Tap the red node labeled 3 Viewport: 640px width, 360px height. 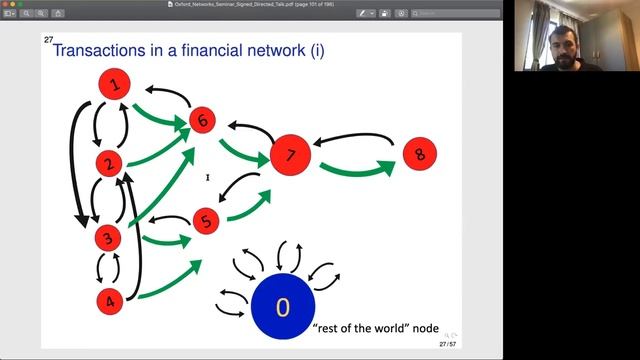coord(107,238)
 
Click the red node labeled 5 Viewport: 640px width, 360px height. coord(206,222)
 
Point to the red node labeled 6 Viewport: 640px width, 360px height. coord(204,121)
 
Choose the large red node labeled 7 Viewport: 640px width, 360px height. coord(290,155)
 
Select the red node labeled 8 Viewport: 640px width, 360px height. coord(420,154)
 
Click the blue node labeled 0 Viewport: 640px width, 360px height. coord(282,306)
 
